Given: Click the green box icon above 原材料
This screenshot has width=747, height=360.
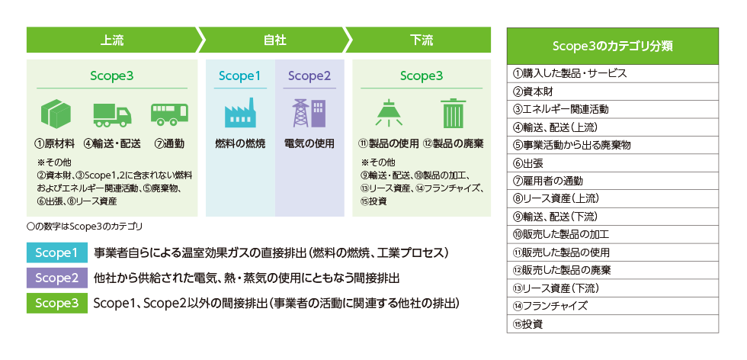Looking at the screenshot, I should (55, 114).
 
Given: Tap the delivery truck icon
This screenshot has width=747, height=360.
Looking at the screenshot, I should (111, 114).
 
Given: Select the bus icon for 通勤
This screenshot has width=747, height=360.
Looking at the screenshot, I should (168, 114).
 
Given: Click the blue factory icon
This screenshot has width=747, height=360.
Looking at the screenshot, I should (239, 114).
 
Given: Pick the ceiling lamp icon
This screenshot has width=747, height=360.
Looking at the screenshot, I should (389, 113).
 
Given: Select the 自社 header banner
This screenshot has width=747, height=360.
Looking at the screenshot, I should (274, 40).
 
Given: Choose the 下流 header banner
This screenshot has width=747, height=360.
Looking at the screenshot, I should (421, 40).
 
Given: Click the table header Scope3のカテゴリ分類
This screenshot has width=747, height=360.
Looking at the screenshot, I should (612, 46).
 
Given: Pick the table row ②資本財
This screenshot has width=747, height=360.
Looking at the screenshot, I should (612, 92).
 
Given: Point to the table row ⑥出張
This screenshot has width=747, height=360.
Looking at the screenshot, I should (612, 162).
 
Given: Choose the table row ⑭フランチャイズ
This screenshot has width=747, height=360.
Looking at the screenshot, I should (612, 305).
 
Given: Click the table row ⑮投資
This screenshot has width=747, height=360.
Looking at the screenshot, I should (612, 323).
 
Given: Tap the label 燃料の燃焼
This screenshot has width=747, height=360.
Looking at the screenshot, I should (240, 143).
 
